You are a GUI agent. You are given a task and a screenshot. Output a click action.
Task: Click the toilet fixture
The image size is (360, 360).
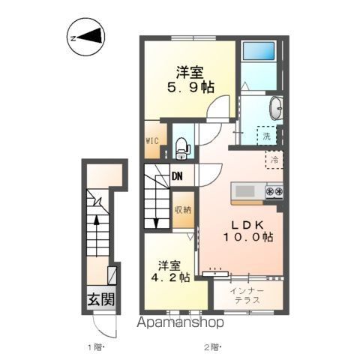[182, 148]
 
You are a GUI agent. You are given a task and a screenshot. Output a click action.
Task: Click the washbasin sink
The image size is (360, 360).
[275, 107]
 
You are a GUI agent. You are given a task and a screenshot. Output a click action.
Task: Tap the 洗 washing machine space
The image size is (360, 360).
[267, 136]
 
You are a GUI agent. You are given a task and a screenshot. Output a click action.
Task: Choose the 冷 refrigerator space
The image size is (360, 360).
[274, 159]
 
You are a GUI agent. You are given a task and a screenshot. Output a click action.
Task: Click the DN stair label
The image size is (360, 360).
[178, 177]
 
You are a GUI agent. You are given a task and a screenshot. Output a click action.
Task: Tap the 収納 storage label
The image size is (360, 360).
[182, 210]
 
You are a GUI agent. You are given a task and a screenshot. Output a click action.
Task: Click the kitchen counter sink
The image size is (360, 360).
[246, 190]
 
